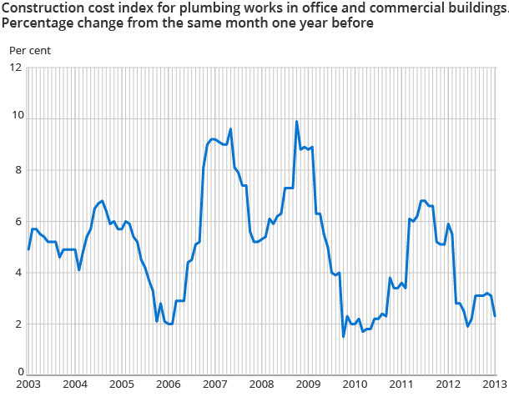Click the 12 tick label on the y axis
pyautogui.click(x=15, y=68)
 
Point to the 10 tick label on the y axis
pyautogui.click(x=15, y=118)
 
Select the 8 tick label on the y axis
pyautogui.click(x=18, y=170)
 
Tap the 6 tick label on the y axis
pyautogui.click(x=18, y=221)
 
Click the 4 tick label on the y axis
pyautogui.click(x=18, y=273)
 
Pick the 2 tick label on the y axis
pyautogui.click(x=18, y=324)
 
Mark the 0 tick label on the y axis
pyautogui.click(x=18, y=373)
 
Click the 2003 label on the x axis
pyautogui.click(x=28, y=385)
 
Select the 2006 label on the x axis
pyautogui.click(x=168, y=385)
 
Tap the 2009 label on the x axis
pyautogui.click(x=308, y=385)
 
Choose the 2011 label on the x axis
pyautogui.click(x=401, y=385)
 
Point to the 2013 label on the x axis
pyautogui.click(x=494, y=385)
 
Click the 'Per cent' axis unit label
pyautogui.click(x=30, y=50)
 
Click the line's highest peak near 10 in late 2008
pyautogui.click(x=296, y=122)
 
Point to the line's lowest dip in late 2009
pyautogui.click(x=343, y=336)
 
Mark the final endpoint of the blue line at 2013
pyautogui.click(x=496, y=315)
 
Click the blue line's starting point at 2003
pyautogui.click(x=28, y=249)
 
